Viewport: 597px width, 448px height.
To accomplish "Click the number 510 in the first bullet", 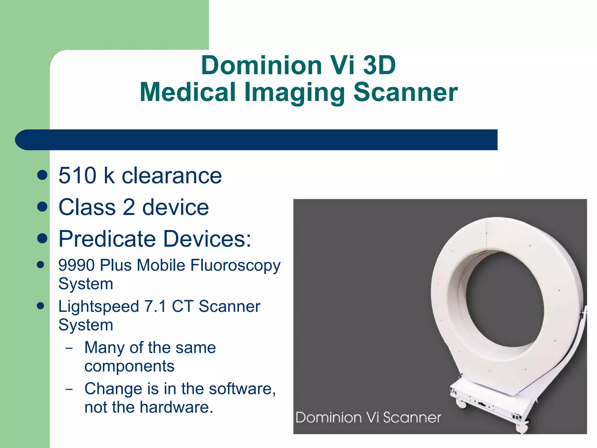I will [x=77, y=176].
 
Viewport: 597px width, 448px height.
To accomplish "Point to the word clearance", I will [x=172, y=176].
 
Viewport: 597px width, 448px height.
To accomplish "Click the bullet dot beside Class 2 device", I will [x=43, y=207].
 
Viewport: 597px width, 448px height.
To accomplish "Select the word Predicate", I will [x=107, y=239].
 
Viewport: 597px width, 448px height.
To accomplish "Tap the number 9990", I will [x=77, y=265].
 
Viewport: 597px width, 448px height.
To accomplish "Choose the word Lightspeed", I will [x=99, y=307].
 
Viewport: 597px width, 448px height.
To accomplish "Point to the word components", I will [x=129, y=366].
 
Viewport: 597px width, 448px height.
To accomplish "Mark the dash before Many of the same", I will [x=69, y=348].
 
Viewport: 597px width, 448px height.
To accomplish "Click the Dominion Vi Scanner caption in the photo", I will [x=368, y=417].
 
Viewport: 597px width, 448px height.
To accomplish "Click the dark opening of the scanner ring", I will [x=504, y=303].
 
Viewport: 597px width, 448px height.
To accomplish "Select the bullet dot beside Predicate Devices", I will [x=43, y=239].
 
